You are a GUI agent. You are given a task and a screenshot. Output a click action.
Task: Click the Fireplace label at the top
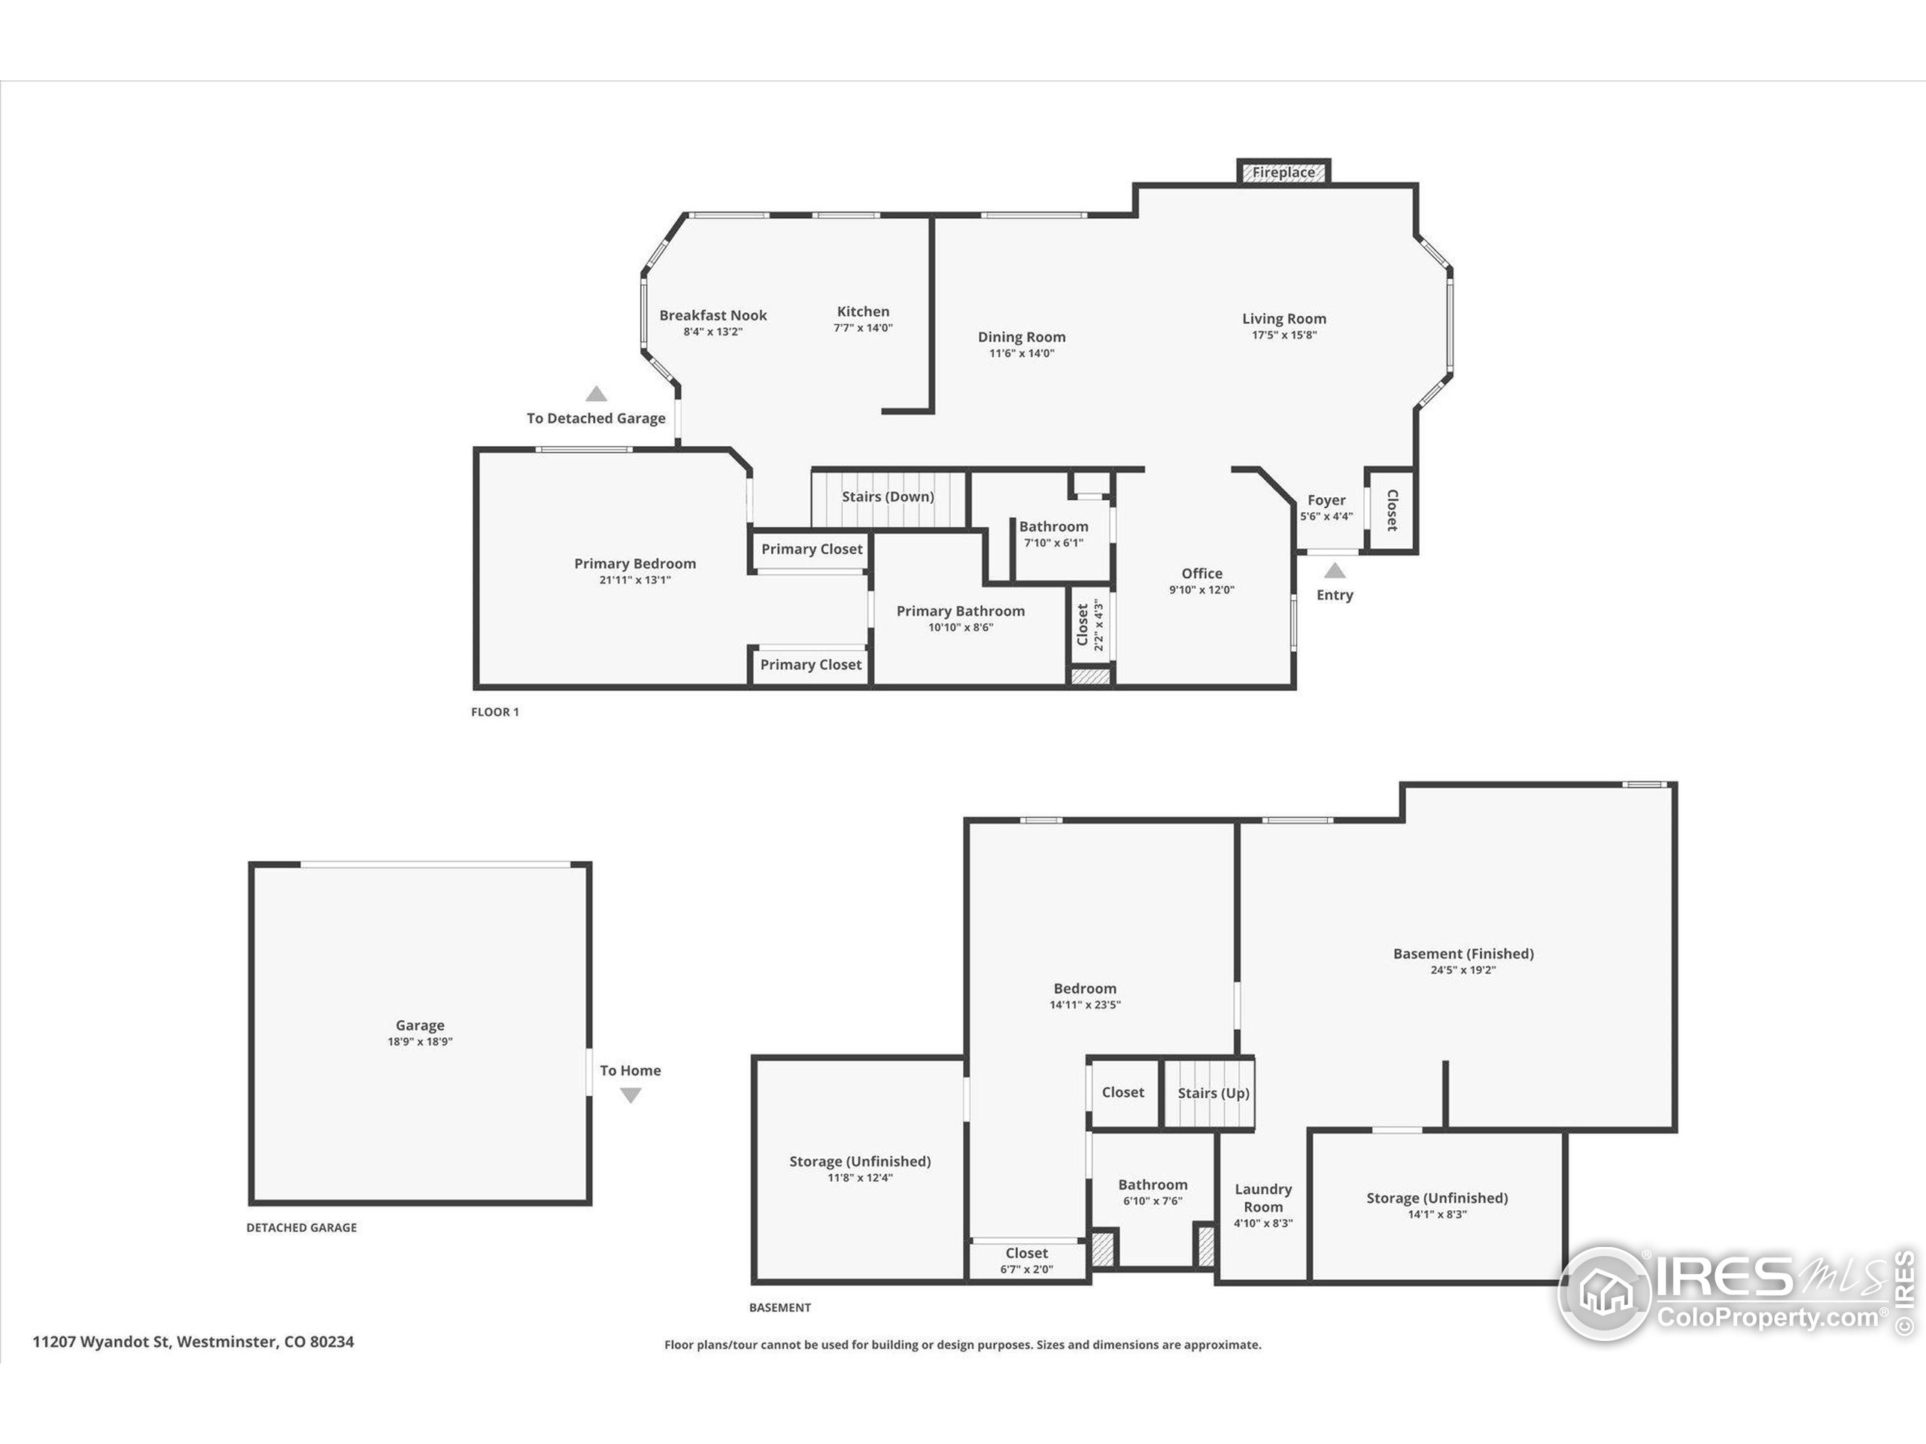coord(1283,172)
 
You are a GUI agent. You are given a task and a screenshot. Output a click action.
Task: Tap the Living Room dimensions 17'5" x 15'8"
coord(1284,335)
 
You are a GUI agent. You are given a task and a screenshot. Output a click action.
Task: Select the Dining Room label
coord(1022,337)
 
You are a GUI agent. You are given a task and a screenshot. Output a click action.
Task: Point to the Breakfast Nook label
coord(713,315)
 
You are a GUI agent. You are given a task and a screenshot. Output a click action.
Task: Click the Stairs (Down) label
coord(887,497)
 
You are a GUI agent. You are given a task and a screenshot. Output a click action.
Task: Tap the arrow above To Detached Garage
coord(596,393)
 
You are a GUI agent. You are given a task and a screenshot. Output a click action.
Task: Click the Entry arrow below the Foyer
coord(1335,571)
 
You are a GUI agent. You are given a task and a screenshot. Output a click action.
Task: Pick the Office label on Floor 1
coord(1201,574)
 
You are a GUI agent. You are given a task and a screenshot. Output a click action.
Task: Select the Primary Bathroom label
coord(961,611)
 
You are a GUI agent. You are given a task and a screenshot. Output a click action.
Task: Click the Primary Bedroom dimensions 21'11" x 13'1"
coord(635,581)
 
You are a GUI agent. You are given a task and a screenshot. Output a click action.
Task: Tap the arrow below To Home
coord(630,1096)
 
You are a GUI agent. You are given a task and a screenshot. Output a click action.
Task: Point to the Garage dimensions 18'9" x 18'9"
coord(420,1042)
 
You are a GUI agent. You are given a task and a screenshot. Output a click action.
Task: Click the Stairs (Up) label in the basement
coord(1214,1094)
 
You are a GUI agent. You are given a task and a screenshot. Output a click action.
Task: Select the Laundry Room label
coord(1263,1197)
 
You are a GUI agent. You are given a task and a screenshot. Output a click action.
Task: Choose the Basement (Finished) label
coord(1463,954)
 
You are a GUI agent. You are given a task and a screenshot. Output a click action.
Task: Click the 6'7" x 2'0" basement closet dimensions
coord(1026,1269)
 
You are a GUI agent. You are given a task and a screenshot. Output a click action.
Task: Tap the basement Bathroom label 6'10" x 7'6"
coord(1153,1185)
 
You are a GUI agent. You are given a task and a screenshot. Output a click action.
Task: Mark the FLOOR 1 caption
coord(494,712)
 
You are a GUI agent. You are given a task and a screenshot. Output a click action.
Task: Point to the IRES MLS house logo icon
coord(1604,1293)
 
